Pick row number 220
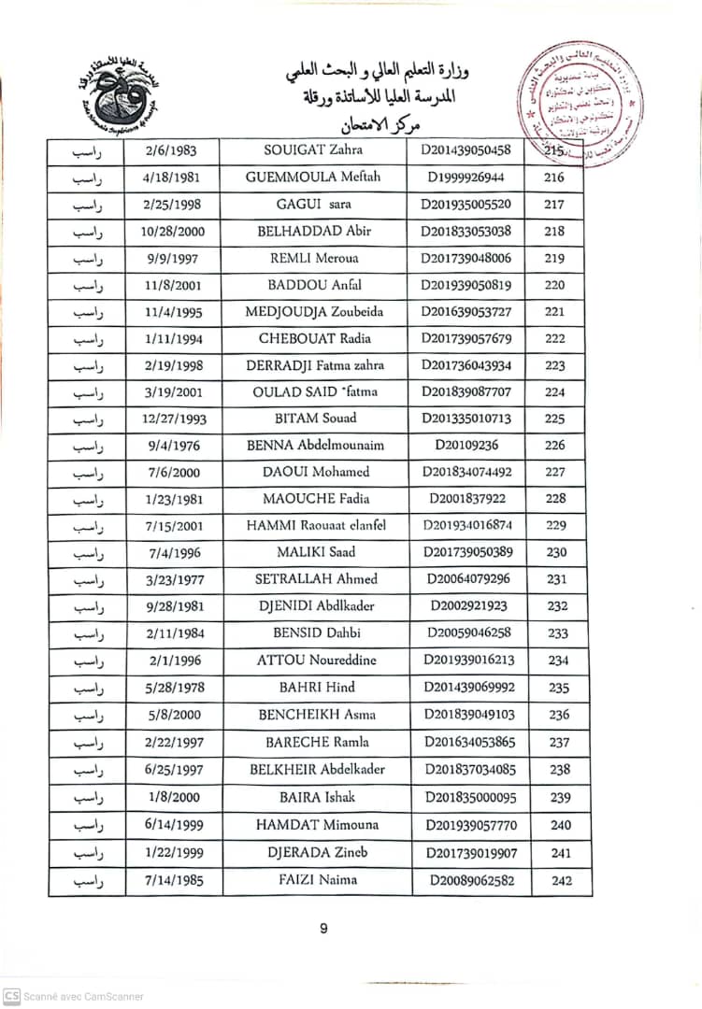(554, 286)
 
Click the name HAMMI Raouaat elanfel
(315, 526)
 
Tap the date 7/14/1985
(175, 880)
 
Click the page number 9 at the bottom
(323, 929)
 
